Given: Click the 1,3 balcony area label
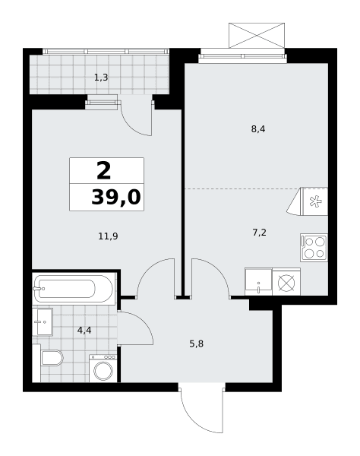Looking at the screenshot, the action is (101, 78).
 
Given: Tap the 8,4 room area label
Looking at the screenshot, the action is (258, 129).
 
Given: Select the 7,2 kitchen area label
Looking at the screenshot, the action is (259, 233).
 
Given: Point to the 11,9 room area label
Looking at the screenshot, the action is (108, 236).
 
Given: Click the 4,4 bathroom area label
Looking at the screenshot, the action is (84, 331).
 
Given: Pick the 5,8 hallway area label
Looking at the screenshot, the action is (197, 344).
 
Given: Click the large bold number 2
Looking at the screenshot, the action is (104, 171).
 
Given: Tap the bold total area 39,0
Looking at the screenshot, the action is (116, 197).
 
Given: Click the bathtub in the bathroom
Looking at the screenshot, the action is (73, 289).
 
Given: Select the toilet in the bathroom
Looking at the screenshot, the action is (51, 358).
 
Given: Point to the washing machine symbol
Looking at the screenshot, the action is (103, 369).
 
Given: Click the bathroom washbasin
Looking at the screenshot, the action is (43, 322).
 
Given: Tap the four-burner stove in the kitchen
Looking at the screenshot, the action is (314, 248).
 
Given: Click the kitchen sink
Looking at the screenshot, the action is (258, 281).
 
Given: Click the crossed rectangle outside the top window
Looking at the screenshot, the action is (257, 35).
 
